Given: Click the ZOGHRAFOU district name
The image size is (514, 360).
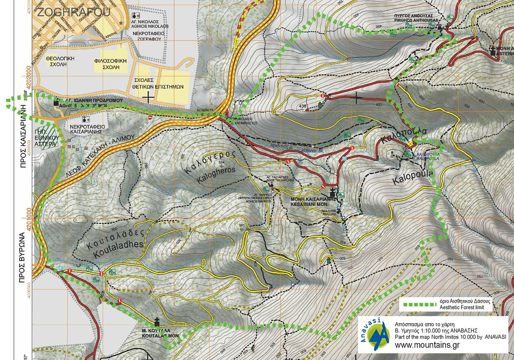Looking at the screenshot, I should pos(72,12).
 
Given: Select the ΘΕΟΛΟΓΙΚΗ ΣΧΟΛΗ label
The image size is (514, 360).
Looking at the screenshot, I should pos(60,60).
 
